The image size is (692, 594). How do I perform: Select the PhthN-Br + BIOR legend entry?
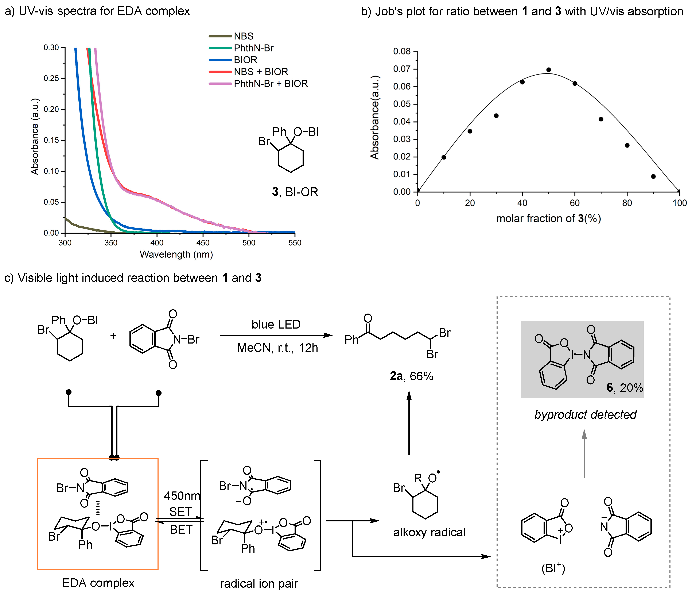tap(271, 84)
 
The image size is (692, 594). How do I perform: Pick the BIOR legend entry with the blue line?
tap(245, 60)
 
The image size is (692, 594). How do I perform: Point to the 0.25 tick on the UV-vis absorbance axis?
tap(51, 78)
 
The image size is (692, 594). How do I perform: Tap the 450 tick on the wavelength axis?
tap(203, 243)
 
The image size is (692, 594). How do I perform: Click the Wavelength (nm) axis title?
tap(176, 254)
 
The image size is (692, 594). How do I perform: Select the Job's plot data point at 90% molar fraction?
tap(653, 176)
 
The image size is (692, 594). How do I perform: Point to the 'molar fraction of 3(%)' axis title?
tap(548, 219)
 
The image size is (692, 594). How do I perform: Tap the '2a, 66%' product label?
tap(411, 376)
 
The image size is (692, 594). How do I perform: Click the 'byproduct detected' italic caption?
tap(585, 414)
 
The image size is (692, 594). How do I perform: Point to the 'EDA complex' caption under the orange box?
tap(98, 583)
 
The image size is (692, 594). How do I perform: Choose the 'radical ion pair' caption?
tap(259, 584)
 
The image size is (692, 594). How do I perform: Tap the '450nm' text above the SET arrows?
tap(182, 496)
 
